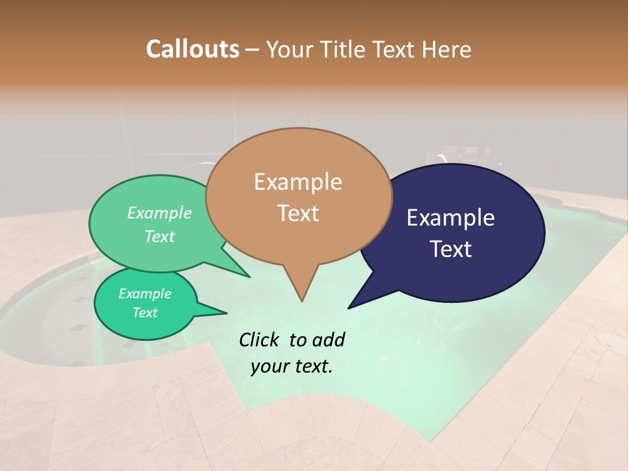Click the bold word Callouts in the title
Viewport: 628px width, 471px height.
pyautogui.click(x=192, y=49)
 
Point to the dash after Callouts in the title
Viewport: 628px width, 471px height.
pyautogui.click(x=253, y=50)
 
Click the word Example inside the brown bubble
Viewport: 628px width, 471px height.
pyautogui.click(x=298, y=182)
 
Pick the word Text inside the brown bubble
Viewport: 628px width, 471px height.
pyautogui.click(x=298, y=213)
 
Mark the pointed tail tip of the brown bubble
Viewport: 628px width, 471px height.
pyautogui.click(x=302, y=301)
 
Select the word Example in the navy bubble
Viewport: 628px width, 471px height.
pyautogui.click(x=450, y=218)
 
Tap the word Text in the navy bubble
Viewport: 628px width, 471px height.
pyautogui.click(x=450, y=249)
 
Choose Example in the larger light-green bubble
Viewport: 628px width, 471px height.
pyautogui.click(x=160, y=213)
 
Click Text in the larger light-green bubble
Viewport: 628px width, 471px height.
pyautogui.click(x=160, y=236)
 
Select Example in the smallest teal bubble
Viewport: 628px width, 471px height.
pyautogui.click(x=145, y=294)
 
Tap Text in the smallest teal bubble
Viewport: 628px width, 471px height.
pyautogui.click(x=145, y=312)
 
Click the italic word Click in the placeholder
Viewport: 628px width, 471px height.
pyautogui.click(x=260, y=340)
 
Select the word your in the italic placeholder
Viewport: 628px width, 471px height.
pyautogui.click(x=270, y=366)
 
